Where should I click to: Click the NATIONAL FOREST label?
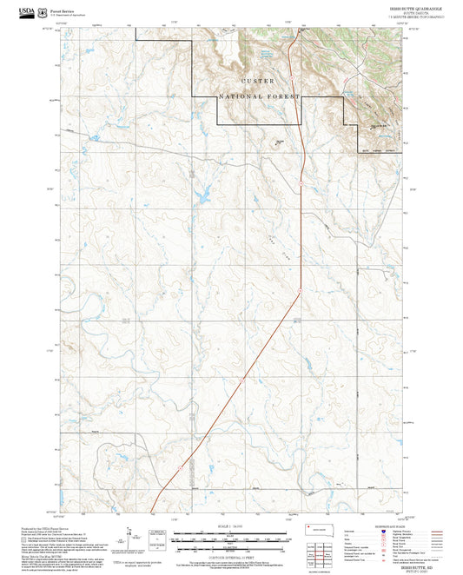tap(259, 96)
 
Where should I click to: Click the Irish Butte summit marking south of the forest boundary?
tap(280, 142)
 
